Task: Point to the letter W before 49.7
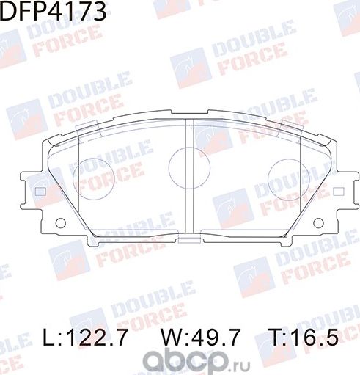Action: point(169,338)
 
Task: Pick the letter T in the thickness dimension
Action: point(279,338)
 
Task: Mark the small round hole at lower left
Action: point(61,222)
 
